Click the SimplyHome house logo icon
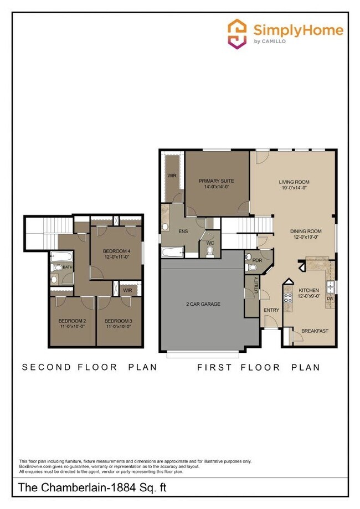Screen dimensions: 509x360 238,33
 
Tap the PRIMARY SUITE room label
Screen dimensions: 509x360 216,181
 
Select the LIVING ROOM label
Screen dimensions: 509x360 293,182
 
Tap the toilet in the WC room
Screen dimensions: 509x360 210,251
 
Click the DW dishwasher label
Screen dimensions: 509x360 330,298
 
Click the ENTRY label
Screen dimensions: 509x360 271,310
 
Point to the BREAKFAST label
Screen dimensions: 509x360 315,331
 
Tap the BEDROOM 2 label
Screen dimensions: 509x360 73,321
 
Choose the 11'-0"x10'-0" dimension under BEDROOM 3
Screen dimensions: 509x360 119,327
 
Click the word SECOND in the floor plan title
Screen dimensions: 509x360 47,367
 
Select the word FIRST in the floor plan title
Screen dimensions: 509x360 218,367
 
